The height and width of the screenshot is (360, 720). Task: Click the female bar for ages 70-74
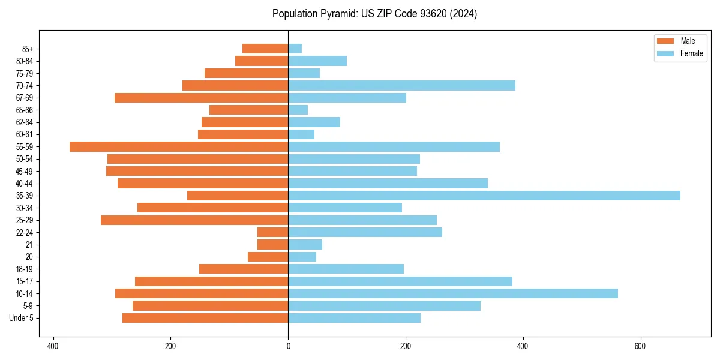point(401,86)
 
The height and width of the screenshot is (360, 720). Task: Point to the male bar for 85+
point(265,49)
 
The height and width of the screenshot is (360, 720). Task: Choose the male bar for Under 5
point(205,318)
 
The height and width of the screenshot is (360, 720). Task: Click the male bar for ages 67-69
point(201,98)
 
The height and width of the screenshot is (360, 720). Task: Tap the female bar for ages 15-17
point(400,281)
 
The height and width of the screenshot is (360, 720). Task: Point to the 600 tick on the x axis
point(640,346)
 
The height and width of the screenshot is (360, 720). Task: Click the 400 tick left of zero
point(53,346)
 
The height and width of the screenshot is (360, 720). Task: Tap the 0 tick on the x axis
point(288,346)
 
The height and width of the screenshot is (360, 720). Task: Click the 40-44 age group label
point(24,184)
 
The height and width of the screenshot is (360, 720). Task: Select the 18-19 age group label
point(24,269)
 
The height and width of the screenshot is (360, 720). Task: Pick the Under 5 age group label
point(21,318)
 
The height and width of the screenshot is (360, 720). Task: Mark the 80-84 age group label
point(24,61)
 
